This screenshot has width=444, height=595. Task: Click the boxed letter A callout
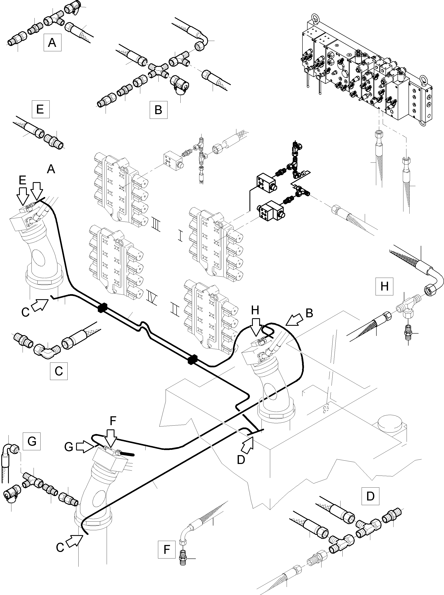pos(52,42)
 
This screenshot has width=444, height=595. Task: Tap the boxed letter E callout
pos(40,109)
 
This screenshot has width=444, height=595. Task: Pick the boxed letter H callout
pos(384,287)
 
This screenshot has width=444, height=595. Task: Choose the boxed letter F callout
pos(167,549)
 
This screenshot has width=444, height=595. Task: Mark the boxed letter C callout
pos(59,371)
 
